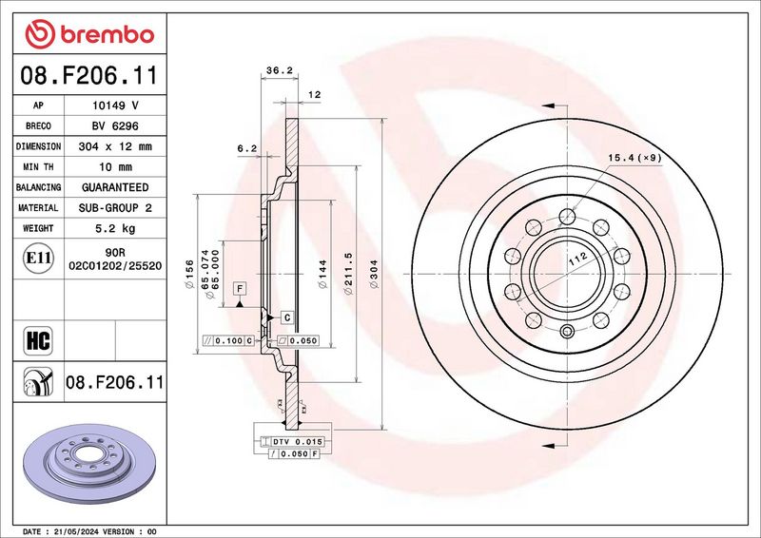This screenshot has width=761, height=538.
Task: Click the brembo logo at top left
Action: (x=89, y=34)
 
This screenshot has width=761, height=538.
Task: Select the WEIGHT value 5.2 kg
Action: (x=115, y=228)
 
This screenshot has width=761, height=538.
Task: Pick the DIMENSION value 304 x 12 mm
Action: (x=115, y=146)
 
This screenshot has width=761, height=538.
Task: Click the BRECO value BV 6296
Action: (x=115, y=126)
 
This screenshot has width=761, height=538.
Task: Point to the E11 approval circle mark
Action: (x=38, y=259)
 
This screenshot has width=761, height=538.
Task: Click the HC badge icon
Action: (x=38, y=340)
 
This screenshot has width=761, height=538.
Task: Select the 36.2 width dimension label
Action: (x=280, y=70)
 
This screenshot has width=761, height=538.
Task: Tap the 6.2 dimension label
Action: (x=247, y=149)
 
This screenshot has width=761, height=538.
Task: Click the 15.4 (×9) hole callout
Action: (x=634, y=158)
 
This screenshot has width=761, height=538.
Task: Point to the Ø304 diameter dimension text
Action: (x=373, y=275)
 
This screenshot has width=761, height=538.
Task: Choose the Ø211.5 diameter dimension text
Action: (x=347, y=274)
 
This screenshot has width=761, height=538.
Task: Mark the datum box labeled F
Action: (x=240, y=289)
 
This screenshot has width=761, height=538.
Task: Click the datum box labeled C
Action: (x=287, y=317)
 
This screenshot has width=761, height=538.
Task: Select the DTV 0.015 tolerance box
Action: (x=292, y=441)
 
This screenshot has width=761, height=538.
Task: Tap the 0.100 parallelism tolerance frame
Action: (x=228, y=340)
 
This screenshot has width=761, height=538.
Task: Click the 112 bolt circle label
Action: (x=578, y=259)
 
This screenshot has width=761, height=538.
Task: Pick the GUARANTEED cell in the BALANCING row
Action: (x=115, y=187)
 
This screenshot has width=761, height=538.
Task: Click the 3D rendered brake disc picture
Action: (x=89, y=462)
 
